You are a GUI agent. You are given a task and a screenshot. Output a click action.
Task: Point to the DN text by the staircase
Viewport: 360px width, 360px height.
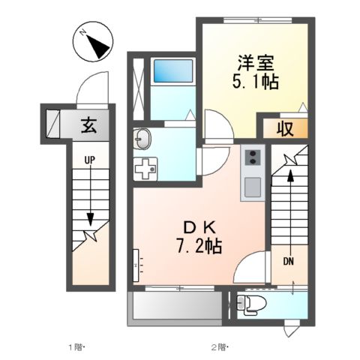click(289, 261)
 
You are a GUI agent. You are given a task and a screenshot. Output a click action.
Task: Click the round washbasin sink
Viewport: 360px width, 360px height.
click(142, 138)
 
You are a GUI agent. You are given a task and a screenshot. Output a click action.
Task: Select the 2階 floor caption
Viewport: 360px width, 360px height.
click(218, 347)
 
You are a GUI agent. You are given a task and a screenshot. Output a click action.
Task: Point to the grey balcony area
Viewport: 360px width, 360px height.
click(176, 307)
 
